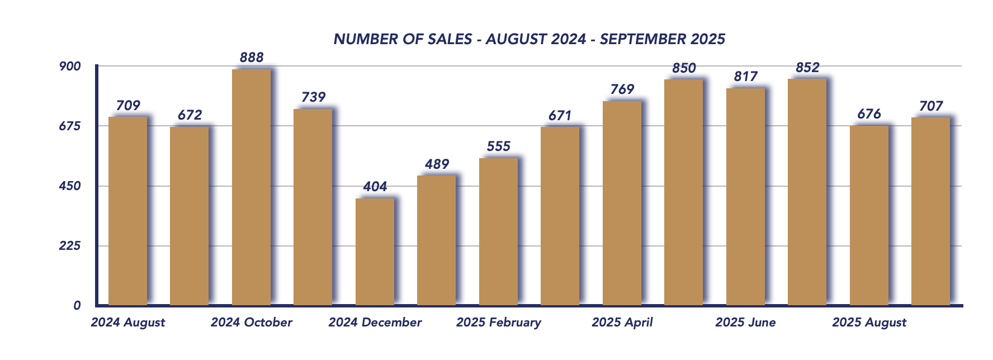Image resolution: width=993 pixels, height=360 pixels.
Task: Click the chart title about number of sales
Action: tap(529, 39)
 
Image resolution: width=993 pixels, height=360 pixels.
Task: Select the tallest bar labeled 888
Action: tap(251, 187)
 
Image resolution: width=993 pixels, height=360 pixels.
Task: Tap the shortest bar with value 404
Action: tap(375, 252)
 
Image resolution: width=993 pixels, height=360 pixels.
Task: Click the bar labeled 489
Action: tap(436, 240)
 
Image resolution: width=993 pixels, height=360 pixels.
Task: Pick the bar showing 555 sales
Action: tap(498, 232)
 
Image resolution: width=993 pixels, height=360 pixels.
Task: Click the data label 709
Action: tap(128, 105)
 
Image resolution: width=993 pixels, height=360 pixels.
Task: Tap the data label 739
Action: tap(313, 97)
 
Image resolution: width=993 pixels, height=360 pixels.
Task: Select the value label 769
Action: tap(622, 89)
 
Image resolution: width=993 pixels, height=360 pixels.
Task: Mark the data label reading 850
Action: tap(684, 68)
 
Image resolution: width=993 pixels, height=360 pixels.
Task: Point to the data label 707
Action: tap(931, 106)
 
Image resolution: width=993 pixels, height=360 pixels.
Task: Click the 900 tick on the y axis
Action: tap(70, 67)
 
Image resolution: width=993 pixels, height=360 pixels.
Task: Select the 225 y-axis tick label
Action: tap(70, 246)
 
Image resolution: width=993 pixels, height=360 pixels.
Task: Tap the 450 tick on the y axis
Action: tap(70, 186)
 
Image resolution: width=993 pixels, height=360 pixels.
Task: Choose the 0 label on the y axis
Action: tap(77, 306)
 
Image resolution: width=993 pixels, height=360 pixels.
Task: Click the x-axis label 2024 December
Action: tap(375, 323)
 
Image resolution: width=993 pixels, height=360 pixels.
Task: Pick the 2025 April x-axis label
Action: tap(622, 323)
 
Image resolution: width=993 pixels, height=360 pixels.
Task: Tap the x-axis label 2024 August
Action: tap(128, 323)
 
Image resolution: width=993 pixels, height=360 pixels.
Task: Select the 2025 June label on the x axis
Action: tap(745, 323)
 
